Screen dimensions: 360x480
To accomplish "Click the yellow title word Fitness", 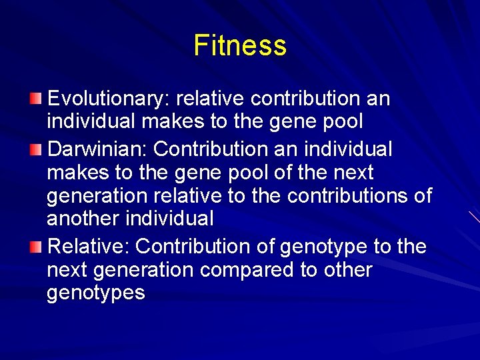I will coord(240,45).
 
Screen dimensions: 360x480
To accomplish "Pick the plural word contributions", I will coord(357,197).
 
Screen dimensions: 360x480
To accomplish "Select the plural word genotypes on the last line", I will coord(95,293).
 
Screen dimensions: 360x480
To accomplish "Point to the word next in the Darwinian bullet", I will coord(351,172).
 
